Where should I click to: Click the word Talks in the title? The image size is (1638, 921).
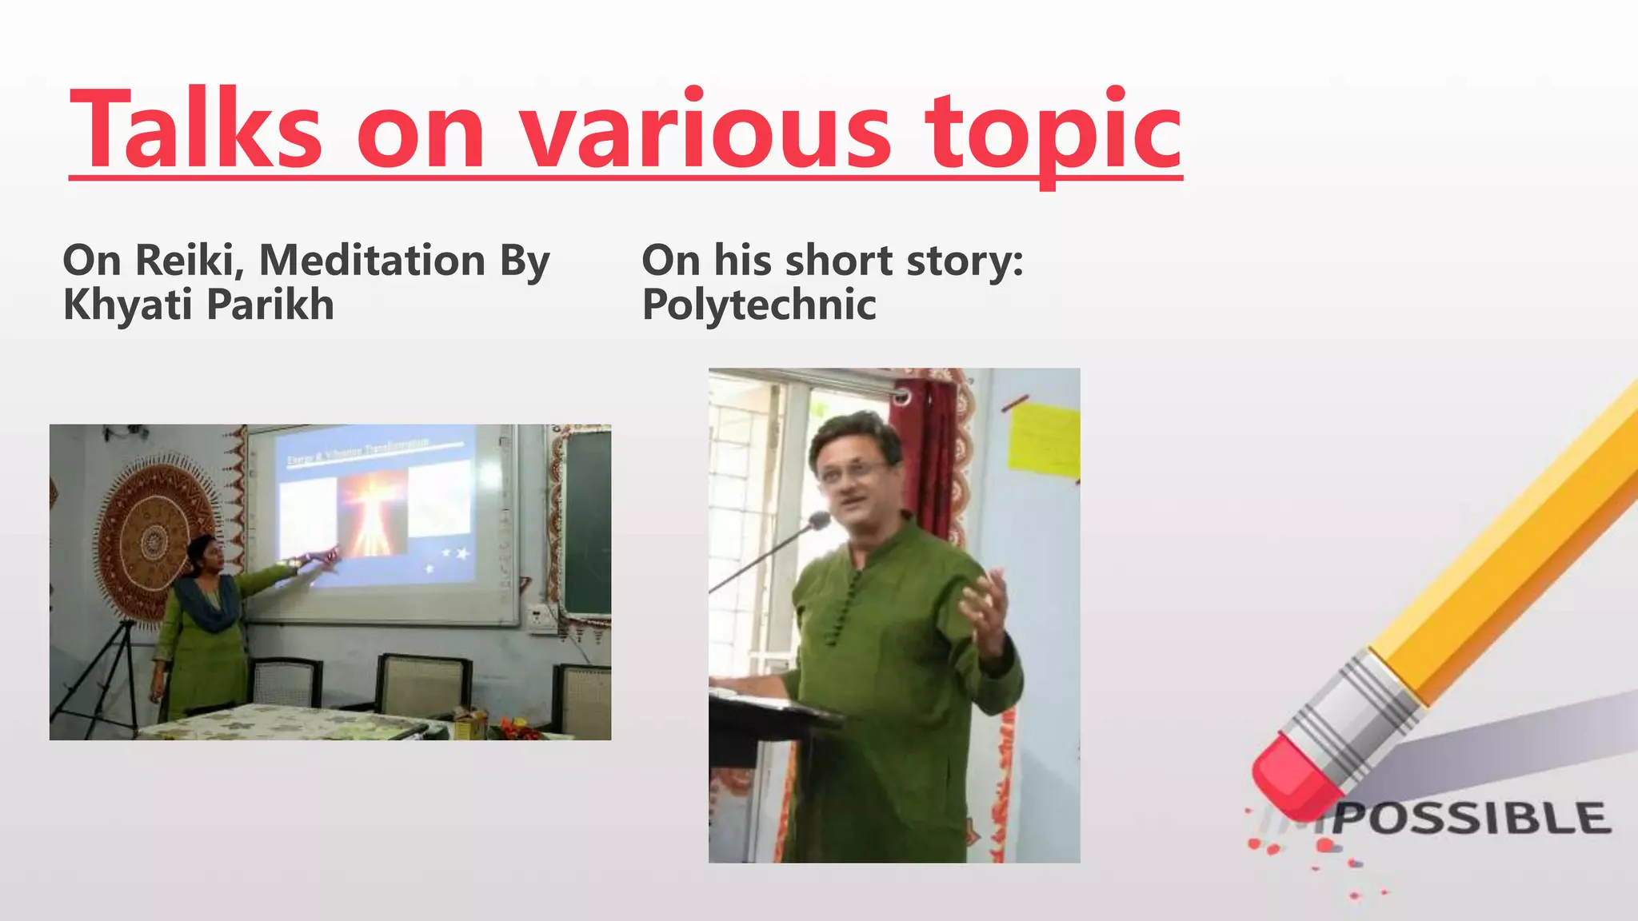[x=196, y=130]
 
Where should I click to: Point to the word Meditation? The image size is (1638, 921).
[x=372, y=261]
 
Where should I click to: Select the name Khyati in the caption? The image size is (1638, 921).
[x=127, y=305]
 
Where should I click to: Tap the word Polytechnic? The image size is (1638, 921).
[x=759, y=305]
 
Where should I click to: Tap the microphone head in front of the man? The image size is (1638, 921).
[x=818, y=521]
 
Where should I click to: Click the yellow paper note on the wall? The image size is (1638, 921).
[x=1043, y=440]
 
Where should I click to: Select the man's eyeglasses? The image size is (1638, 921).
[x=852, y=472]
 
